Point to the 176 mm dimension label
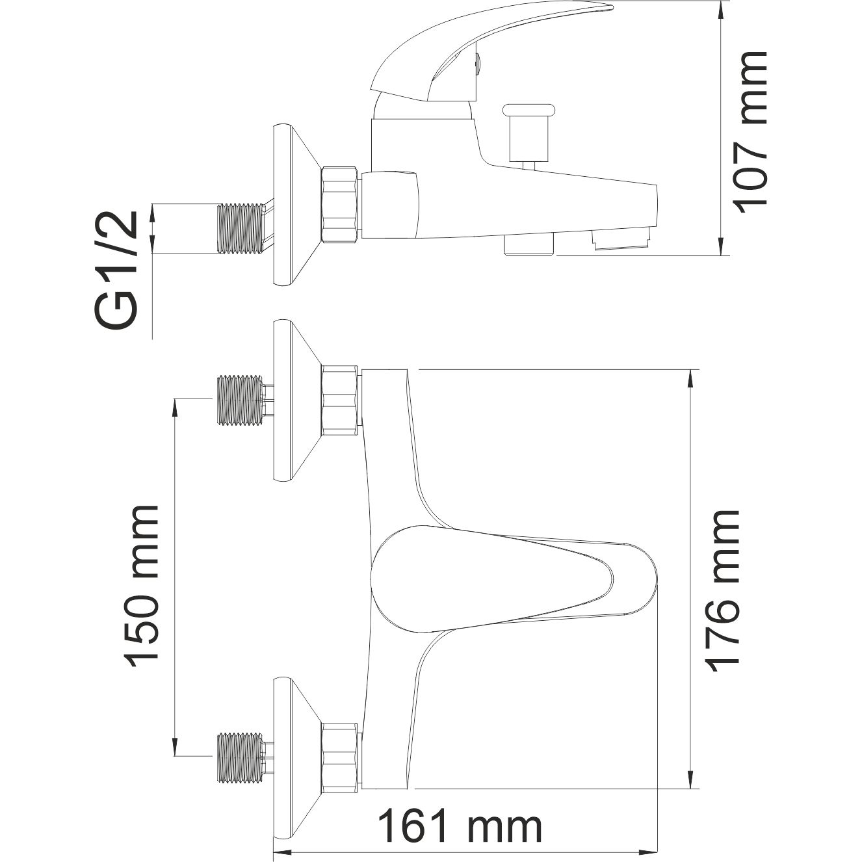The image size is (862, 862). (724, 590)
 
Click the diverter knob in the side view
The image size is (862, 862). (532, 130)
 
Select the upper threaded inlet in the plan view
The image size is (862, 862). (240, 400)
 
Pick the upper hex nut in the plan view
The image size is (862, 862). (340, 400)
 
